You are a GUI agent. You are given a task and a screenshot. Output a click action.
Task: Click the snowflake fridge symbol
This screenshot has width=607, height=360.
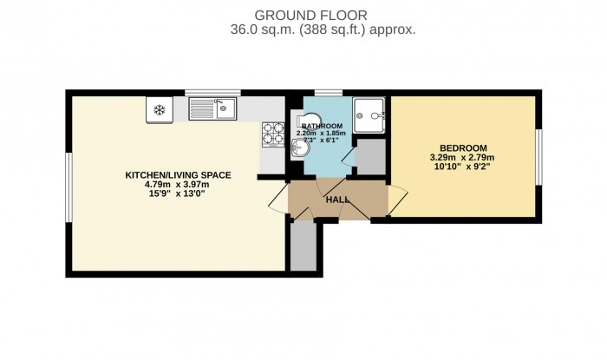pyautogui.click(x=159, y=109)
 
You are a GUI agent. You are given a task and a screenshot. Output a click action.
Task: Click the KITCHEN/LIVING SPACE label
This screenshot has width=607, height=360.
pyautogui.click(x=178, y=175)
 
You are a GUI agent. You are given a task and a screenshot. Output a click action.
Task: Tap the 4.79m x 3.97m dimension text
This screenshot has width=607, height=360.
pyautogui.click(x=178, y=184)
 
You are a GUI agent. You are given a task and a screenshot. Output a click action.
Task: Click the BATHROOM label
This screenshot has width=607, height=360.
pyautogui.click(x=323, y=126)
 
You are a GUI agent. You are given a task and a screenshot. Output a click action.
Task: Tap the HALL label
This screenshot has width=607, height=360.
pyautogui.click(x=336, y=200)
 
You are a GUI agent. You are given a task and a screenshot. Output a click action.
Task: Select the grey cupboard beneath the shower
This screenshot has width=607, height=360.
pyautogui.click(x=370, y=160)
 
